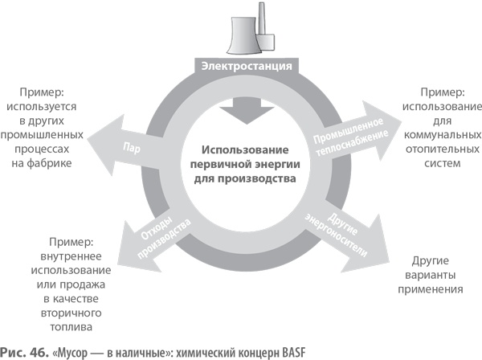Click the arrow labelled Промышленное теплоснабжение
[361, 129]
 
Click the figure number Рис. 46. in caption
[25, 351]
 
